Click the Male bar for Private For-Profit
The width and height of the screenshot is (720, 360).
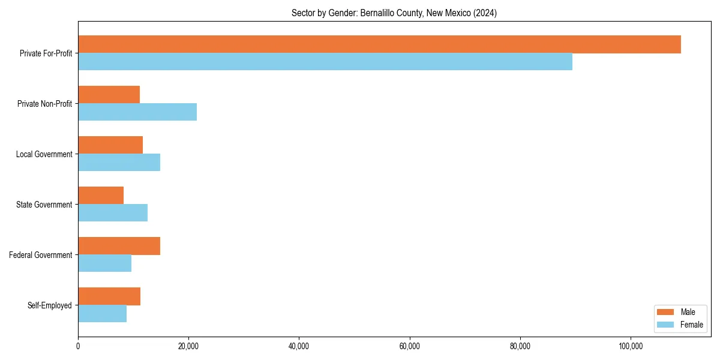pyautogui.click(x=379, y=44)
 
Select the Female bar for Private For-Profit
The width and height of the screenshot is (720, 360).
pyautogui.click(x=325, y=62)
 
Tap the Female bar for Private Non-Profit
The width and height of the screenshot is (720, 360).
pyautogui.click(x=137, y=112)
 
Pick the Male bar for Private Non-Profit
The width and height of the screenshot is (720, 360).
pyautogui.click(x=109, y=95)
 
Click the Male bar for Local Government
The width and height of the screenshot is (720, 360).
pyautogui.click(x=110, y=145)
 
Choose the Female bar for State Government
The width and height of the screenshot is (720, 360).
pyautogui.click(x=113, y=213)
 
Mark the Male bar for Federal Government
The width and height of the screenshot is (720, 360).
pyautogui.click(x=119, y=246)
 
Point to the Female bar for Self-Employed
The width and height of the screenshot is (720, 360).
pyautogui.click(x=102, y=314)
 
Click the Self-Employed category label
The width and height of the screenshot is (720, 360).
pyautogui.click(x=49, y=305)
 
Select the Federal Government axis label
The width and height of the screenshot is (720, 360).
pyautogui.click(x=40, y=255)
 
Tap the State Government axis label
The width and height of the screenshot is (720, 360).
pyautogui.click(x=44, y=205)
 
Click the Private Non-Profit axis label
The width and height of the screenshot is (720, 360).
pyautogui.click(x=44, y=104)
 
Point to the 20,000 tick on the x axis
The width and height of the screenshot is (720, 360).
pyautogui.click(x=188, y=346)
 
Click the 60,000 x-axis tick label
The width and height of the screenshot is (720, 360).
pyautogui.click(x=409, y=346)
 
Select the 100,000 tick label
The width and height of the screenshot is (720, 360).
pyautogui.click(x=631, y=346)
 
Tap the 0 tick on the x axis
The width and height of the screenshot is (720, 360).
pyautogui.click(x=78, y=346)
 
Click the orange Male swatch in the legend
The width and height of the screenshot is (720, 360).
pyautogui.click(x=666, y=312)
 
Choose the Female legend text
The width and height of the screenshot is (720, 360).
pyautogui.click(x=691, y=325)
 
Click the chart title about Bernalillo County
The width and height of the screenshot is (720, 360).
pyautogui.click(x=394, y=13)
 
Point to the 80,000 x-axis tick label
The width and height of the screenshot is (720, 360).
pyautogui.click(x=520, y=346)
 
